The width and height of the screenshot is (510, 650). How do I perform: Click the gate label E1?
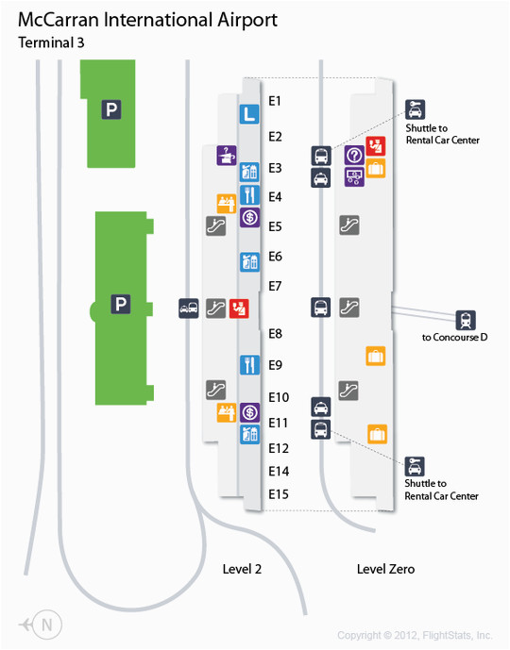[x=275, y=101]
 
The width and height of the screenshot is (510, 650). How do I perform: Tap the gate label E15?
[x=279, y=494]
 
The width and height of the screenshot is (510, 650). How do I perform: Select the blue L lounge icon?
[x=249, y=114]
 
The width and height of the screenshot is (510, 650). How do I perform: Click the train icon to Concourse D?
[x=466, y=320]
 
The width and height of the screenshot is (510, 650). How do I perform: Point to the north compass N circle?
[x=47, y=625]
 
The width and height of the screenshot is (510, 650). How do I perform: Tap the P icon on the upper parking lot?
[x=111, y=109]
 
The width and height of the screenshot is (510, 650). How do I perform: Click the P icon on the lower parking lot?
[x=121, y=304]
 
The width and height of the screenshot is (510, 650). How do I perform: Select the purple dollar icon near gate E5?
[x=250, y=217]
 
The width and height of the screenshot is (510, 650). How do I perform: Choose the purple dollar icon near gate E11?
[x=250, y=412]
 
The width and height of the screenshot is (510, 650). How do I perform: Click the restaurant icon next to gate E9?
[x=250, y=365]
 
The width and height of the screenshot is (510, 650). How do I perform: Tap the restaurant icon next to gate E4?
[x=250, y=195]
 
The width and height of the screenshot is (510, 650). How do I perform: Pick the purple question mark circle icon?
[x=354, y=156]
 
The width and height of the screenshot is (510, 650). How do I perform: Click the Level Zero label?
[x=385, y=569]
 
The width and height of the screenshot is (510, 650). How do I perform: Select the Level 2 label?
[x=242, y=569]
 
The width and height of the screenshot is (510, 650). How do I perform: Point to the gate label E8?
[x=275, y=334]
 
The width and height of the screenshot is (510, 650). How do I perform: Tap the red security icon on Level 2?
[x=239, y=308]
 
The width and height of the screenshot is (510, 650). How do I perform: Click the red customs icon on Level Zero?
[x=376, y=146]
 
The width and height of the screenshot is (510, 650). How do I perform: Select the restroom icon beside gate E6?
[x=250, y=261]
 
